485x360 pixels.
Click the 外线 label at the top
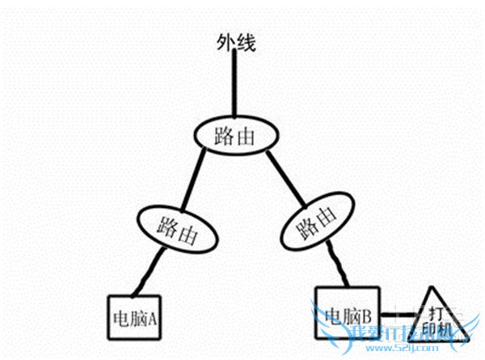click(236, 43)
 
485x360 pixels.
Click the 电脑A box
click(135, 316)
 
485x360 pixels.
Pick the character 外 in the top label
click(226, 43)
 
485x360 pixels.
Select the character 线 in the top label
click(246, 43)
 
